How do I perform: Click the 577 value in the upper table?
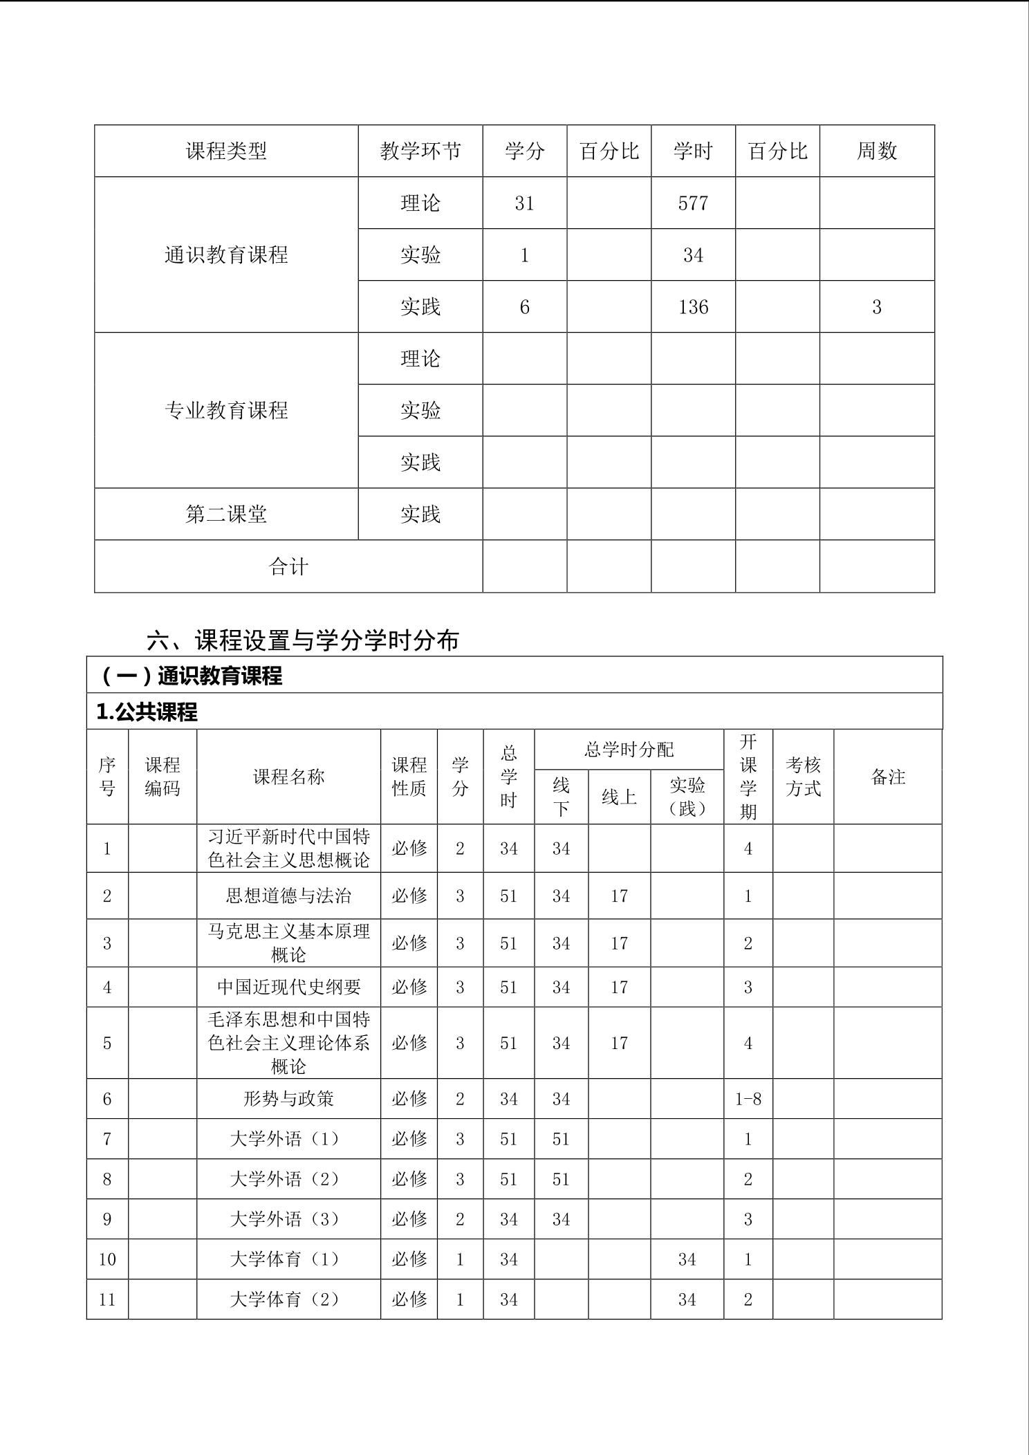click(693, 203)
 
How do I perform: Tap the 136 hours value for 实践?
click(693, 307)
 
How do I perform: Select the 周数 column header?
click(876, 151)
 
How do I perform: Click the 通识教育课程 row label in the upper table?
click(226, 255)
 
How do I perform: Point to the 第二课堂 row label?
click(226, 515)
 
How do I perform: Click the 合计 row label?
click(288, 567)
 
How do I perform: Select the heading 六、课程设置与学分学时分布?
click(303, 640)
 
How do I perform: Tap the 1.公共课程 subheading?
click(147, 712)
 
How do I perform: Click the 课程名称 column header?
click(288, 777)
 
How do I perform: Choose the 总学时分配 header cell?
click(629, 750)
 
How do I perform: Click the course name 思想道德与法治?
click(288, 896)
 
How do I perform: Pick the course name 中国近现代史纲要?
click(288, 987)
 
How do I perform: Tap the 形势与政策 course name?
click(288, 1099)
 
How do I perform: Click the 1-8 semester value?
click(748, 1099)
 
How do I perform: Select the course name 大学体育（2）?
click(285, 1299)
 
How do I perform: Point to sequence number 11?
click(107, 1299)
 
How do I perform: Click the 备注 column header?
click(888, 777)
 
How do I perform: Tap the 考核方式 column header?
click(803, 777)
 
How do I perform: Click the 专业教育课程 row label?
click(226, 411)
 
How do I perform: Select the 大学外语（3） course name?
click(285, 1219)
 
